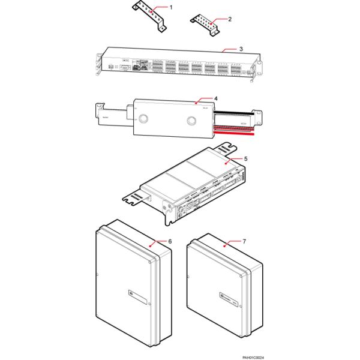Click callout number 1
[x=171, y=7]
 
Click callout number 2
[x=230, y=19]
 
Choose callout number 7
[x=244, y=241]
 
